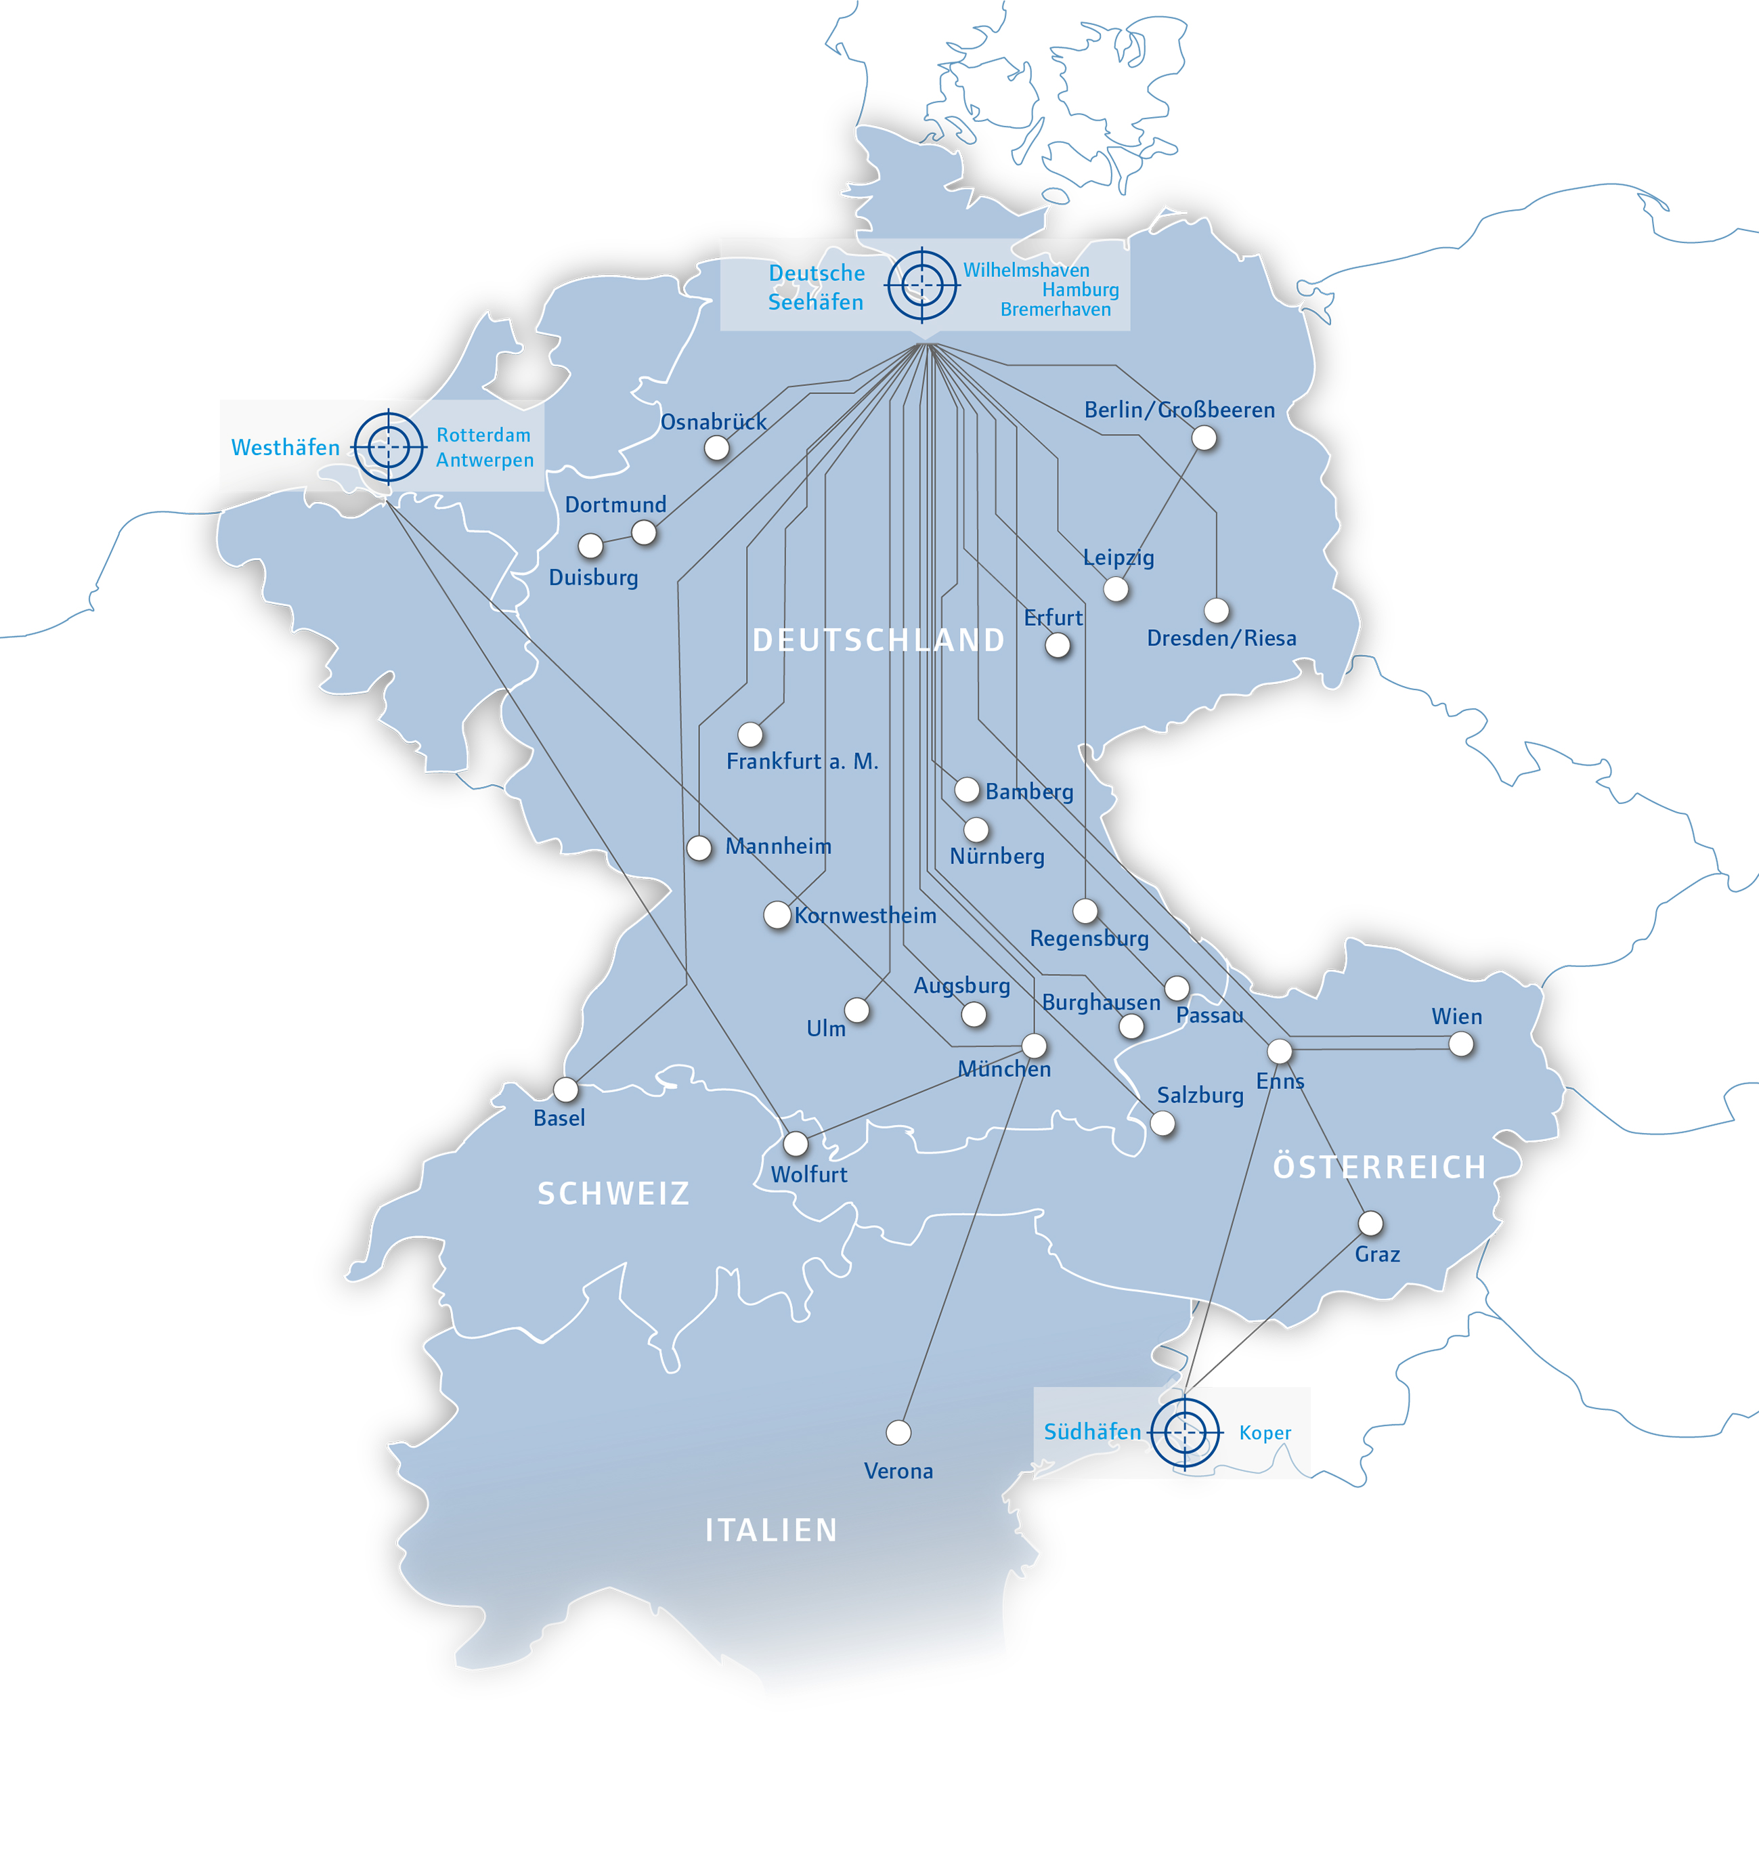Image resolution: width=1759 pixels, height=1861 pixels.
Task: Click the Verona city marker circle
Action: (x=898, y=1432)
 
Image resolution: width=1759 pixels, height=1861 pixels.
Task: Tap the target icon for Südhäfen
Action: (x=1185, y=1432)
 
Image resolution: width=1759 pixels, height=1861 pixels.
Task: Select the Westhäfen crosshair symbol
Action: (x=388, y=448)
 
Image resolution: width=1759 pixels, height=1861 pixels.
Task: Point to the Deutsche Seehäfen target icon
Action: (x=923, y=284)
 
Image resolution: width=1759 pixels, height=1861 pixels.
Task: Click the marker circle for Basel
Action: (x=565, y=1090)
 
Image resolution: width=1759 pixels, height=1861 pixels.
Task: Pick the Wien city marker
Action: (x=1461, y=1044)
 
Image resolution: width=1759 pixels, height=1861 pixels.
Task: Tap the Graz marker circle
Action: (x=1370, y=1223)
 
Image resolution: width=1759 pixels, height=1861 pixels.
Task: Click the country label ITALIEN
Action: (x=770, y=1531)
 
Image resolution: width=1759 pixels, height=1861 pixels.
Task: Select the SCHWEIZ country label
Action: (x=613, y=1193)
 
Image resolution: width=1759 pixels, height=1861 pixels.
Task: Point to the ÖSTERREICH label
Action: (x=1378, y=1167)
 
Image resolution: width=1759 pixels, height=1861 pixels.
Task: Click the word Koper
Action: (x=1264, y=1433)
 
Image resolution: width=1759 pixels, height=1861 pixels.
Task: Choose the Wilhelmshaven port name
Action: (x=1026, y=270)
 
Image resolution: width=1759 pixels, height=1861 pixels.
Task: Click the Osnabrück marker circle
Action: (x=716, y=448)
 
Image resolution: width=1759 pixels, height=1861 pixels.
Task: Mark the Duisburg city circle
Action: (x=590, y=545)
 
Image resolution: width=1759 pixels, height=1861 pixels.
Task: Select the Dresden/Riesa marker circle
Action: (x=1216, y=611)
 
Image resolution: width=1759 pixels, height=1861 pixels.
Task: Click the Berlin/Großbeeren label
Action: (x=1179, y=410)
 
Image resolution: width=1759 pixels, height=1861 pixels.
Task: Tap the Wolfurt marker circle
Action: (x=795, y=1143)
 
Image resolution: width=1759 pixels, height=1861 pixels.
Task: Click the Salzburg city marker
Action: (x=1163, y=1124)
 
